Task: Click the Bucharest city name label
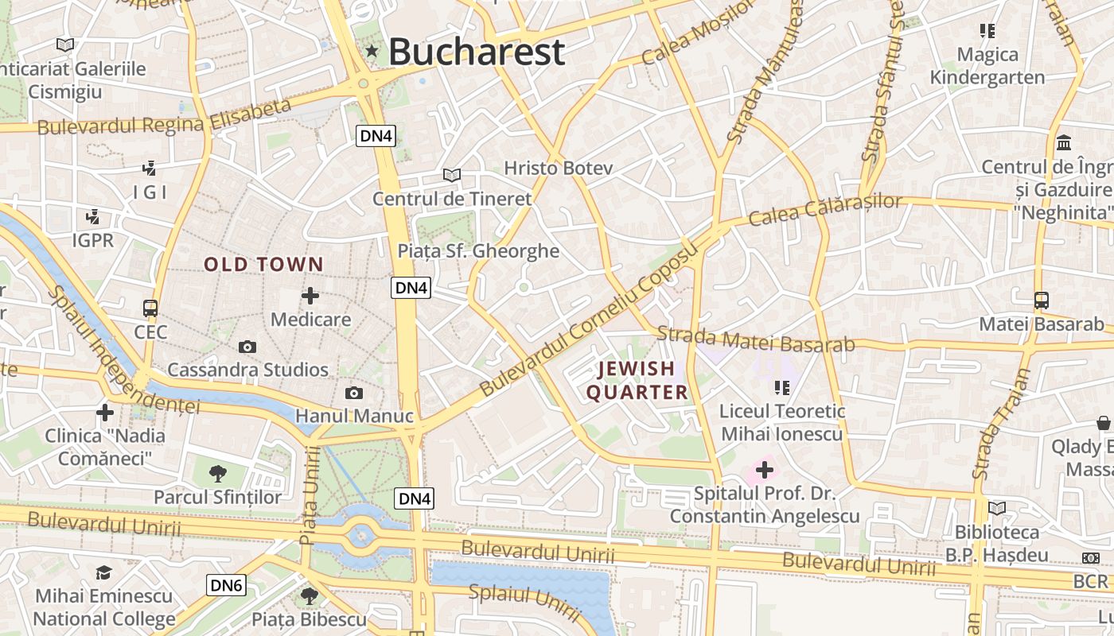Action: (477, 52)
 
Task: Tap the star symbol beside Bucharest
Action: (372, 52)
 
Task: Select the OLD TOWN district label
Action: (264, 265)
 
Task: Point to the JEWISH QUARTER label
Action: (637, 380)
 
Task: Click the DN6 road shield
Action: (226, 586)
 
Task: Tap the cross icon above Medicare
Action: (310, 297)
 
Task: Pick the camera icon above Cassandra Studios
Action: (247, 347)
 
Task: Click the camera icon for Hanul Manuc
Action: (354, 393)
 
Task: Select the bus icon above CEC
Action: (150, 308)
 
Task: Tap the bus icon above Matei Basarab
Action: (1041, 301)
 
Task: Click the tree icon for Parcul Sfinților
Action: (217, 475)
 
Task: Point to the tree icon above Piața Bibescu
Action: (309, 595)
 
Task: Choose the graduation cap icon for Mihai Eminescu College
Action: (103, 573)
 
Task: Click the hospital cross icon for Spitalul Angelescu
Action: (764, 470)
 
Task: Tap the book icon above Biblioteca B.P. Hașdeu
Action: (996, 508)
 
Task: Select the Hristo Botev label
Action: (559, 168)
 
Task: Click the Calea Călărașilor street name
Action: (826, 208)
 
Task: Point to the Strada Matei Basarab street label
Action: (756, 340)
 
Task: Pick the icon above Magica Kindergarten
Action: (987, 31)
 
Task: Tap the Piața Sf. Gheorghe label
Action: (478, 251)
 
